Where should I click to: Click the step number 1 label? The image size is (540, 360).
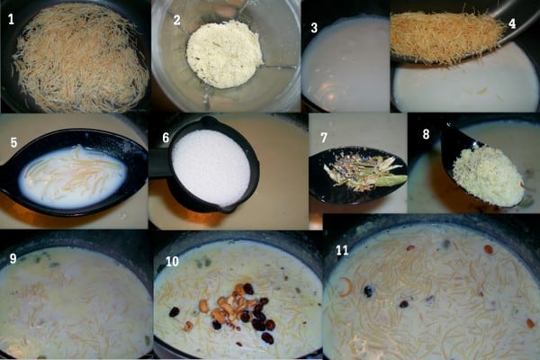[x=11, y=19]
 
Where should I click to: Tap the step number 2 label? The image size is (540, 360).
[x=176, y=20]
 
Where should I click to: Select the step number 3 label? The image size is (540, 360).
[x=314, y=28]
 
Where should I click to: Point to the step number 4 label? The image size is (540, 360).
[x=512, y=23]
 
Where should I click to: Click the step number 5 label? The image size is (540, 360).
[x=13, y=142]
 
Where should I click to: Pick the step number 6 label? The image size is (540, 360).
[x=166, y=138]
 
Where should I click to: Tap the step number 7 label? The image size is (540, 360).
[x=324, y=138]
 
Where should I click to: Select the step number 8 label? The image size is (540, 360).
[x=426, y=134]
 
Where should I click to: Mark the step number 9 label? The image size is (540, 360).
[x=13, y=258]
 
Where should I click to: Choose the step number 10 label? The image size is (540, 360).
[x=172, y=262]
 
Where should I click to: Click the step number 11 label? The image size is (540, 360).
[x=342, y=250]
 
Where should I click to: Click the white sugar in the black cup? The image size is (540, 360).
[x=211, y=166]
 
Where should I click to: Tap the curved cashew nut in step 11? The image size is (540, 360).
[x=346, y=287]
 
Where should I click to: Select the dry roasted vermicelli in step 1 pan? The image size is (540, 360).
[x=79, y=58]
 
